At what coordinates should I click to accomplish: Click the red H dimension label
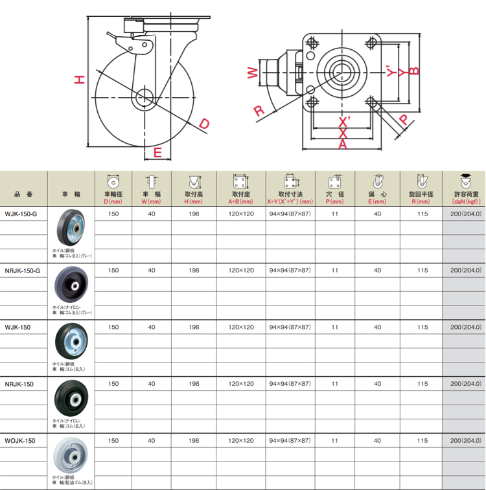(80, 80)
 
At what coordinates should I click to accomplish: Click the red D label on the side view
(204, 124)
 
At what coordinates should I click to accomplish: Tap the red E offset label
(157, 153)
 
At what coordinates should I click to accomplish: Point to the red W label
(253, 73)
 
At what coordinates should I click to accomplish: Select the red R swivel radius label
(259, 111)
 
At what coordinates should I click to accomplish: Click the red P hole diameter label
(404, 119)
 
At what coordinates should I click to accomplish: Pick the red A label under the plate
(343, 144)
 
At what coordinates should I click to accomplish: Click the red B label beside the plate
(414, 71)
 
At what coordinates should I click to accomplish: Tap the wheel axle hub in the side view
(145, 98)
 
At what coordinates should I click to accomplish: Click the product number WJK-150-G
(21, 214)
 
